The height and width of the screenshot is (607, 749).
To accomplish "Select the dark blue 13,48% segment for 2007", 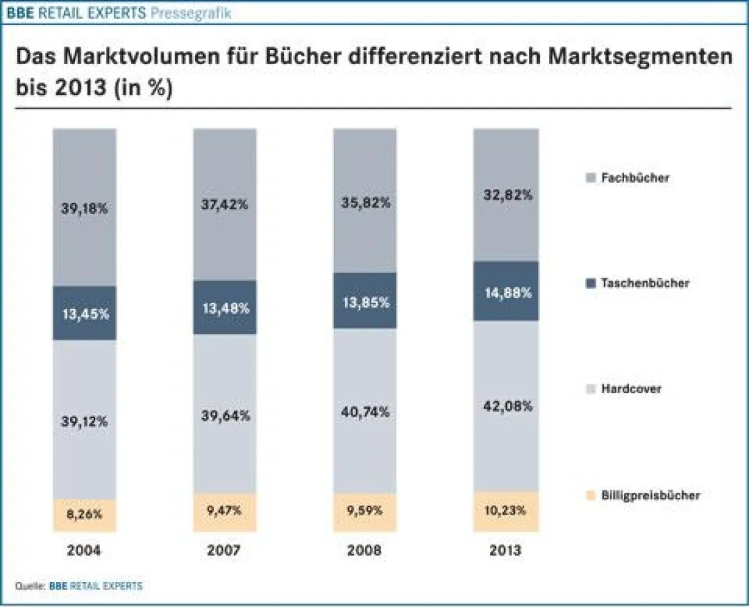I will click(225, 308).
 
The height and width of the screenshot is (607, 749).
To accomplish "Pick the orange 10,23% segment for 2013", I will click(505, 511).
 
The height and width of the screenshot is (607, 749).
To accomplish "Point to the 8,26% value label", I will click(84, 514).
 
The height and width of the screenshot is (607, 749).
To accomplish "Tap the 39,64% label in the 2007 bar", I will click(225, 415).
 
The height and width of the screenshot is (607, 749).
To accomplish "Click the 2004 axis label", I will click(84, 550).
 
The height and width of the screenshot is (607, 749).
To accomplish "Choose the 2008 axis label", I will click(365, 550).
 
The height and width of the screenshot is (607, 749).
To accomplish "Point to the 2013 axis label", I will click(505, 550).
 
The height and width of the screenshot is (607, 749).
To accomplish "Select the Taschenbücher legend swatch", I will click(590, 283).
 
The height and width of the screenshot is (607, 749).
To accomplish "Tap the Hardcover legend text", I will click(631, 389).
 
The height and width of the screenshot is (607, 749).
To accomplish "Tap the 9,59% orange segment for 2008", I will click(365, 511).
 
